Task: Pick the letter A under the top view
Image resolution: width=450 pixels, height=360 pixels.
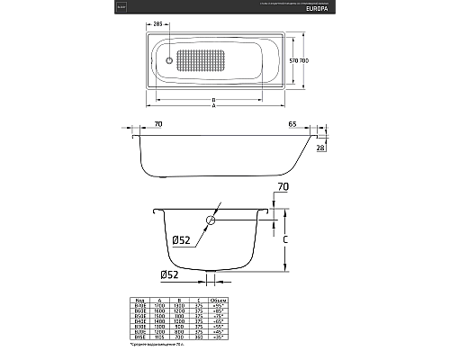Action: pos(212,105)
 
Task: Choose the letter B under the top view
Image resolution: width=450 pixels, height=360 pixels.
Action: pos(211,97)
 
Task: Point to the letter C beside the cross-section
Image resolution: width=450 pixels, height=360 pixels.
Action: pos(285,240)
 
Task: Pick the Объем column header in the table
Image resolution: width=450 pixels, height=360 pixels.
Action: pos(218,301)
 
